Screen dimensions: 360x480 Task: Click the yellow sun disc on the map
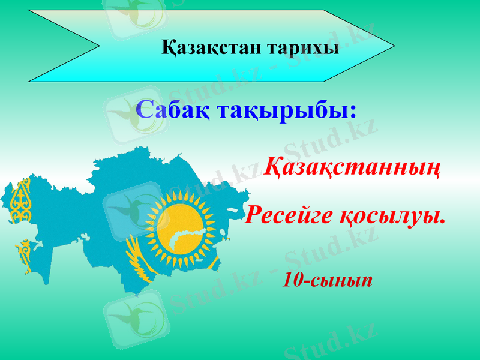coord(179,228)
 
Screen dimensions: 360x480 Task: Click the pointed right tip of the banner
coord(392,45)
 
